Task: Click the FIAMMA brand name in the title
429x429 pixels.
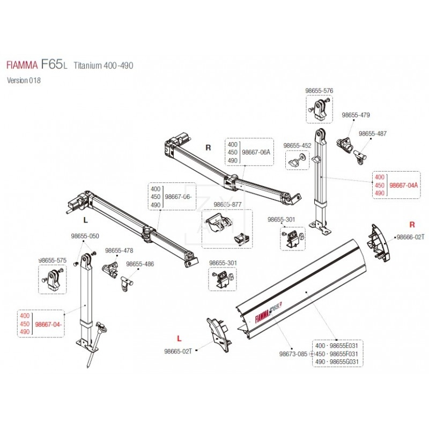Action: click(x=21, y=65)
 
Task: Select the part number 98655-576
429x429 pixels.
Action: click(x=319, y=91)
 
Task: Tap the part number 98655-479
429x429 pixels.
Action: click(x=356, y=115)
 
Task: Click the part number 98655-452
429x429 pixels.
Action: click(x=297, y=145)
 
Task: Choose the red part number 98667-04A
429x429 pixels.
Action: click(x=403, y=184)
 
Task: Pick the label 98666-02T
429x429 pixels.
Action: click(x=410, y=236)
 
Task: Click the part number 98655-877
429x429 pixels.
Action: click(x=228, y=204)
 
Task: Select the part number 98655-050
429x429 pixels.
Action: click(x=85, y=236)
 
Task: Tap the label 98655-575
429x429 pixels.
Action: click(x=52, y=260)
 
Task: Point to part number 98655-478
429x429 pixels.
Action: click(x=119, y=250)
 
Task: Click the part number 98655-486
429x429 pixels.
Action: click(x=139, y=264)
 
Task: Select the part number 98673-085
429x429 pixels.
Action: click(x=293, y=354)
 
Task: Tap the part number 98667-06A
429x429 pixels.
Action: click(x=256, y=152)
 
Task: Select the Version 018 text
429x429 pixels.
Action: click(x=24, y=80)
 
